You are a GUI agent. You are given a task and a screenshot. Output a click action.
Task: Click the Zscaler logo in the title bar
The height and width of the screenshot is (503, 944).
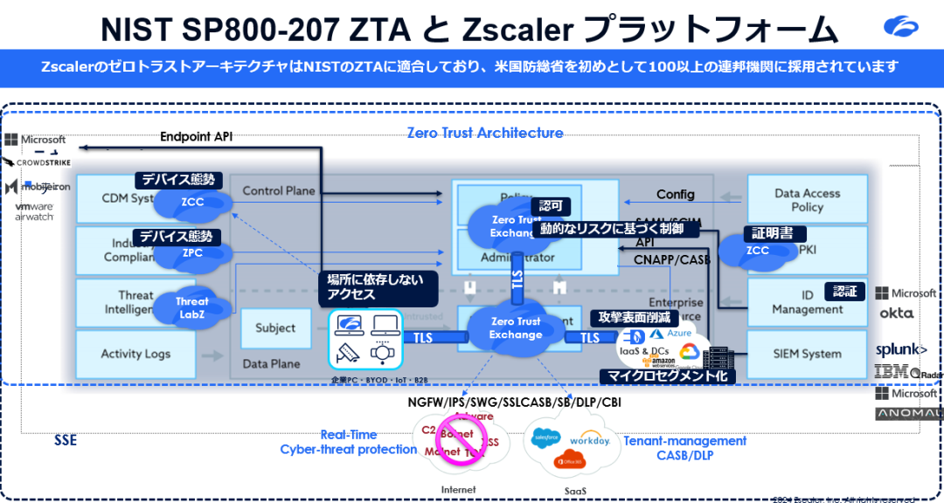tap(901, 26)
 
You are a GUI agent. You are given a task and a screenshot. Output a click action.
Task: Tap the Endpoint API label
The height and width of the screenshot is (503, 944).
tap(196, 136)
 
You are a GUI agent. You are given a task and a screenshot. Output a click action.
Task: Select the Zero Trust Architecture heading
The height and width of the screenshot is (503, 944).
tap(485, 133)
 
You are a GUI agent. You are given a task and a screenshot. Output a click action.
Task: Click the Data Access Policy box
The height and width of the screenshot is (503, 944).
tap(807, 200)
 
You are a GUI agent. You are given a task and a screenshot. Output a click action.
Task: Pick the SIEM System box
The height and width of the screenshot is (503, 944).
tap(807, 354)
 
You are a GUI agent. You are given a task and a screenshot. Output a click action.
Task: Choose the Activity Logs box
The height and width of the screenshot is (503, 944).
tap(135, 354)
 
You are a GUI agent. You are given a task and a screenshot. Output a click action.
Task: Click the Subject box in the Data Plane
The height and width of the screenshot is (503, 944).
tap(275, 328)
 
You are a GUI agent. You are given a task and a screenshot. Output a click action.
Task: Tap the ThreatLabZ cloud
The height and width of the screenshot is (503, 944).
tap(192, 307)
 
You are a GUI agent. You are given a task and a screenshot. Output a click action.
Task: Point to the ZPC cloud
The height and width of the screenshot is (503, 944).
tap(192, 253)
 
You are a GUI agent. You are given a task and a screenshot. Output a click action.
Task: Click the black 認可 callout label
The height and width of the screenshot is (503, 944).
tap(552, 206)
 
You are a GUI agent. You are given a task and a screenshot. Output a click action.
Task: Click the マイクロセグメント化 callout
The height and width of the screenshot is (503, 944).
tap(667, 376)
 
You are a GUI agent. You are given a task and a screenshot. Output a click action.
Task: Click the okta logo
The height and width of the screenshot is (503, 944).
tap(896, 313)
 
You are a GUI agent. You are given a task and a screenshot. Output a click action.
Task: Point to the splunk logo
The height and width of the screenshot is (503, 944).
tap(901, 349)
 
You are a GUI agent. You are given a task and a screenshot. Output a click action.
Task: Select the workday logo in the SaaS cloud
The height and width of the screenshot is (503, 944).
tap(589, 439)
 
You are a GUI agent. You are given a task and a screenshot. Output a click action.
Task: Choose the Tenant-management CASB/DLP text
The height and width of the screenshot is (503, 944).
tap(685, 448)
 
